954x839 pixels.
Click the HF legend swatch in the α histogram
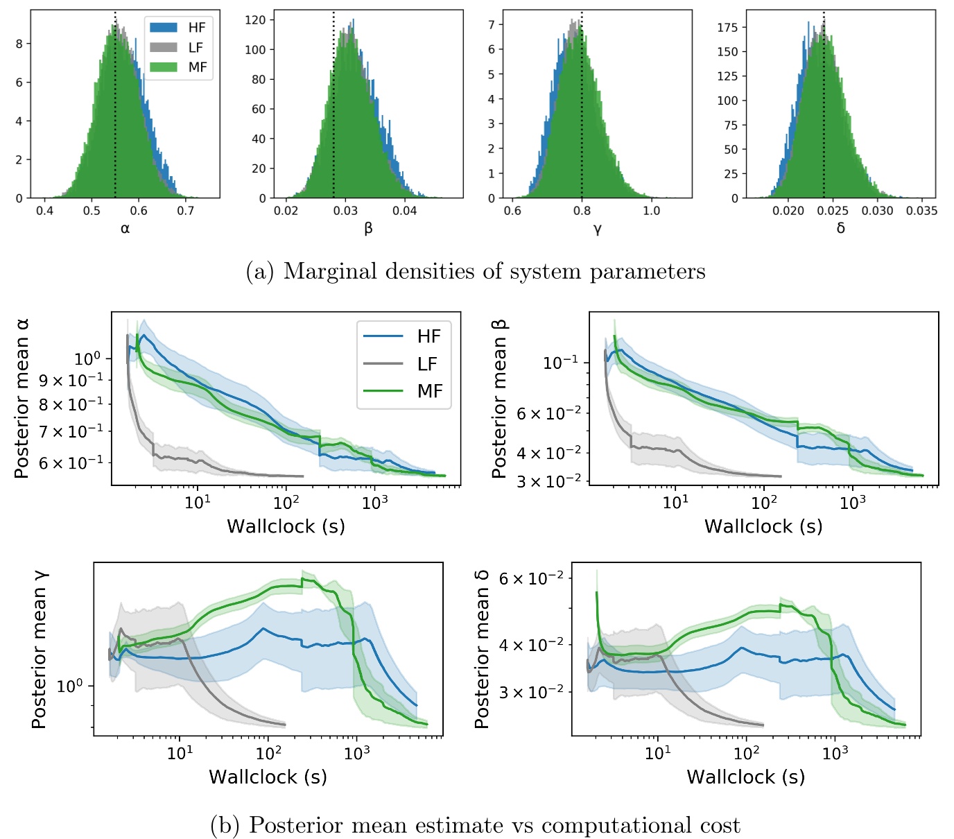coord(164,28)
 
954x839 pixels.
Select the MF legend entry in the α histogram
coord(197,67)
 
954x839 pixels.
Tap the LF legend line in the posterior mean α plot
coord(383,364)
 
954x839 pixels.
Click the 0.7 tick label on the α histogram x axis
coord(186,211)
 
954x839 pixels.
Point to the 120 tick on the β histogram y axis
coord(255,20)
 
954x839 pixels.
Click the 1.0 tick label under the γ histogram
coord(651,211)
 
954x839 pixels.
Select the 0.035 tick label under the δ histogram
coord(921,211)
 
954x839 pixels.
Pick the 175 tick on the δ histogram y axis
coord(727,28)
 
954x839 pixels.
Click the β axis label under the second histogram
coord(368,229)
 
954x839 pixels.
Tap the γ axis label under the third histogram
coord(597,229)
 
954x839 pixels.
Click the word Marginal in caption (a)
coord(329,271)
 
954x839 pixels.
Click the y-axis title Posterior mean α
coord(22,399)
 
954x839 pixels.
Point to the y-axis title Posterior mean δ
coord(481,649)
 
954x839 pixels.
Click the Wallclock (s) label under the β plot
coord(763,526)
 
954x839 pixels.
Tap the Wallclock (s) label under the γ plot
coord(268,777)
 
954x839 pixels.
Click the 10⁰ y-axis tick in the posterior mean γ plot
coord(69,686)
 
